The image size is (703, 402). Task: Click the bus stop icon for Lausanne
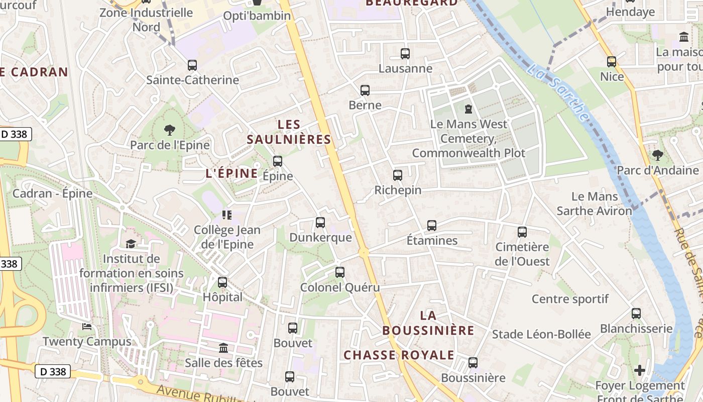pos(405,53)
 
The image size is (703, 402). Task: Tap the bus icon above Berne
pos(365,90)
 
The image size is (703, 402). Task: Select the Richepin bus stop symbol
pos(398,175)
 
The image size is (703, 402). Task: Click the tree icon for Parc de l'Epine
pos(170,130)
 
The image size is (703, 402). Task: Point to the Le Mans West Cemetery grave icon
pos(468,109)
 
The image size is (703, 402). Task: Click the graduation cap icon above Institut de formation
pos(131,244)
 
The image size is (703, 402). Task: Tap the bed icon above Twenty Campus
pos(87,327)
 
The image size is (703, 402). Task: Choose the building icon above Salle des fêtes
pos(223,348)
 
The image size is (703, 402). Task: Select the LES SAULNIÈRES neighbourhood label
pos(289,132)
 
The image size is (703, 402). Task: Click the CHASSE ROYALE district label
pos(399,355)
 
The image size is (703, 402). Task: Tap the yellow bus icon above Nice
pos(612,62)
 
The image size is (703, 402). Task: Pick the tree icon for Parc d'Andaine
pos(657,155)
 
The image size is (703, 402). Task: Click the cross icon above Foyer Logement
pos(639,370)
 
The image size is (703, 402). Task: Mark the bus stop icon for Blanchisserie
pos(636,314)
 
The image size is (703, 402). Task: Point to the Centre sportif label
pos(570,299)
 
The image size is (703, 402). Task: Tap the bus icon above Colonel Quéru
pos(340,272)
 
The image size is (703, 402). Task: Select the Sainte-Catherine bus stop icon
pos(192,65)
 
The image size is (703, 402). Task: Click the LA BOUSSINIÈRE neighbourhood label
pos(428,323)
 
